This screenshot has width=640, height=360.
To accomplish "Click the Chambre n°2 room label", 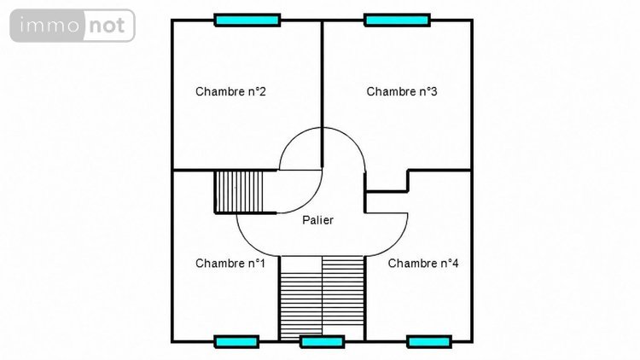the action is pos(230,91).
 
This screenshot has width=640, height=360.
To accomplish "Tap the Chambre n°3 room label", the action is pos(402,91).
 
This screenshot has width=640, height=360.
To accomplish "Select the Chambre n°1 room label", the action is pos(230,264).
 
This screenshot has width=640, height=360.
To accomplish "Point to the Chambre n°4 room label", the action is pos(423,264).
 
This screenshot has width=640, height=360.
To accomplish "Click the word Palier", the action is pos(317,220).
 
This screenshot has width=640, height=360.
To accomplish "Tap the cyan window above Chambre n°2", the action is pos(247,20).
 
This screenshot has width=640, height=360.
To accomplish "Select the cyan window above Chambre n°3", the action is pos(397,20).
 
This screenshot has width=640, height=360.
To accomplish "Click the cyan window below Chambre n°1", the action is pos(236,341).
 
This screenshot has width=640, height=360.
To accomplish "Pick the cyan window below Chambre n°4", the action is pos(429,341).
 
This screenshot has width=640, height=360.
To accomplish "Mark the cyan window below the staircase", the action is pos(322,341).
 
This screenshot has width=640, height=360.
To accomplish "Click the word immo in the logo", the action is pos(49,26).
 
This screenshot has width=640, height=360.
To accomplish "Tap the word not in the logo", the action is pos(107,26).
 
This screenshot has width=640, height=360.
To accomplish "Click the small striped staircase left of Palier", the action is pos(239,192).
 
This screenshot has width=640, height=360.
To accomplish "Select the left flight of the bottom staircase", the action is pos(301,306).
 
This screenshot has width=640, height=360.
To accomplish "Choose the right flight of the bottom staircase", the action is pos(343,291).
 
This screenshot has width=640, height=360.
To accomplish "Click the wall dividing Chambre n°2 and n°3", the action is pos(322,94).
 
